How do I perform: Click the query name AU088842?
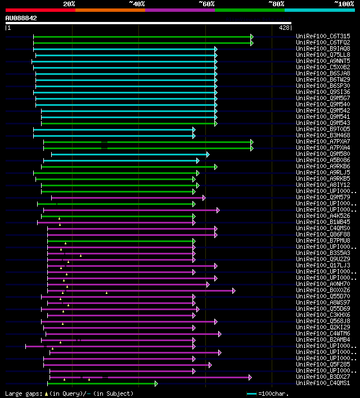click(21, 18)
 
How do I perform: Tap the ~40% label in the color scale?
click(137, 3)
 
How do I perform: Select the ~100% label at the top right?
click(344, 3)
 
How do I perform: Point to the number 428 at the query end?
click(284, 27)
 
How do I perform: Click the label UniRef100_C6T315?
click(322, 36)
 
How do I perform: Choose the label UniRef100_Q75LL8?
click(322, 55)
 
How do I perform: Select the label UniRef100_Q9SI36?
click(322, 92)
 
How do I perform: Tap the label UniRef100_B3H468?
click(322, 135)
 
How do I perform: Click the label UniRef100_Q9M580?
click(322, 154)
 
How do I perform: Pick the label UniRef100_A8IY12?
click(322, 185)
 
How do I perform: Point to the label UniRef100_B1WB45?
click(322, 222)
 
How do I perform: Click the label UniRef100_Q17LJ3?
click(322, 265)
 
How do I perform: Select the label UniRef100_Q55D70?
click(322, 296)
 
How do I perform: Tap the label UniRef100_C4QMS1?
click(322, 383)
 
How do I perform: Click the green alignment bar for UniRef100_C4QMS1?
click(101, 383)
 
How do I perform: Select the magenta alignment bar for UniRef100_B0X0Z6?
click(141, 290)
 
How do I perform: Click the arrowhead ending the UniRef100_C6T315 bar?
click(251, 37)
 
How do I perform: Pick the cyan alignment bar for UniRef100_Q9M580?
click(129, 154)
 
